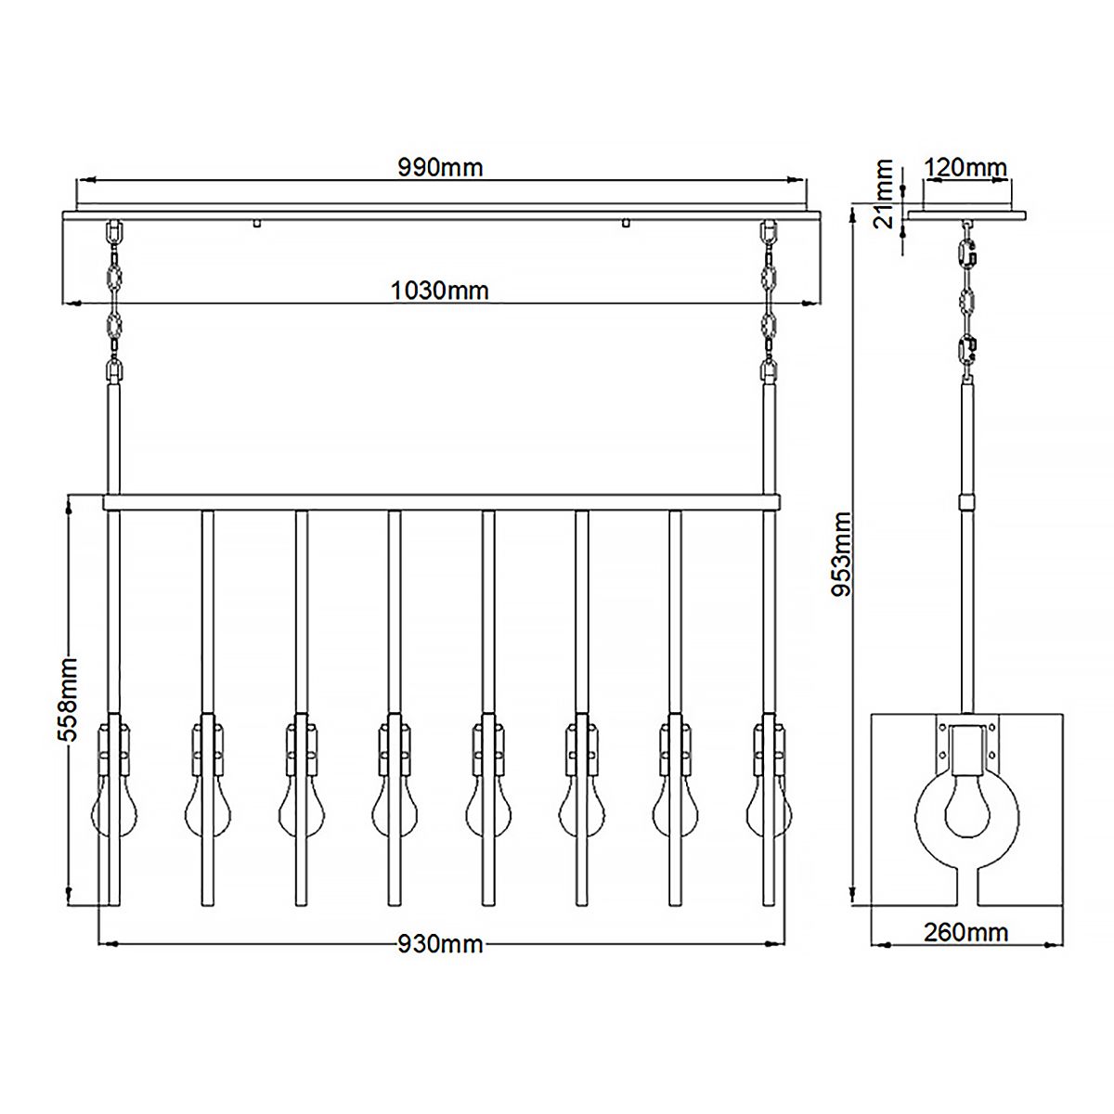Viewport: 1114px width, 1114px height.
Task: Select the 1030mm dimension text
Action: [440, 291]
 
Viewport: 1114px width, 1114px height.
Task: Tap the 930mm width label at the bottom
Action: [440, 944]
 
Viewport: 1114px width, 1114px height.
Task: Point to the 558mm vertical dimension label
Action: [66, 697]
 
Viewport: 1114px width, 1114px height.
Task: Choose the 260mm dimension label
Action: [965, 932]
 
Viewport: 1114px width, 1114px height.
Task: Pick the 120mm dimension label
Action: [965, 168]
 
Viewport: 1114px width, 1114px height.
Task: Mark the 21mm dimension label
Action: [884, 193]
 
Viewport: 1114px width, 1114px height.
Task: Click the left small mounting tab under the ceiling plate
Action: [256, 223]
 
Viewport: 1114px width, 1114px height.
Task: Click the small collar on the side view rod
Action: [967, 502]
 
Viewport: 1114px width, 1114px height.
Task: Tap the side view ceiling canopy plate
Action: [967, 215]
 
